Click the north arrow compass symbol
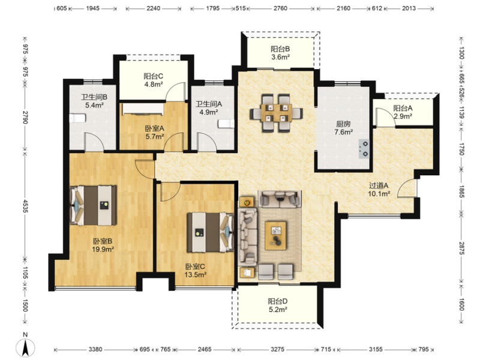click(26, 347)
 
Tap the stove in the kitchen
click(364, 149)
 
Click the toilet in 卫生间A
click(226, 124)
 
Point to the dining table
click(277, 113)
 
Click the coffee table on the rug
click(276, 236)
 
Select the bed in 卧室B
click(94, 205)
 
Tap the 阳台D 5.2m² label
click(278, 305)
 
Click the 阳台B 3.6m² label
click(280, 53)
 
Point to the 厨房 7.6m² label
click(343, 128)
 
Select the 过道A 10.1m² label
click(379, 190)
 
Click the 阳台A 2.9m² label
click(403, 112)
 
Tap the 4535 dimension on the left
click(25, 206)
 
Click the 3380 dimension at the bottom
click(95, 349)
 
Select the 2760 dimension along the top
click(280, 8)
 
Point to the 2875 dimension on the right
click(461, 248)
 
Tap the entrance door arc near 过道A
click(407, 188)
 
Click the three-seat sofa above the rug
click(280, 199)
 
